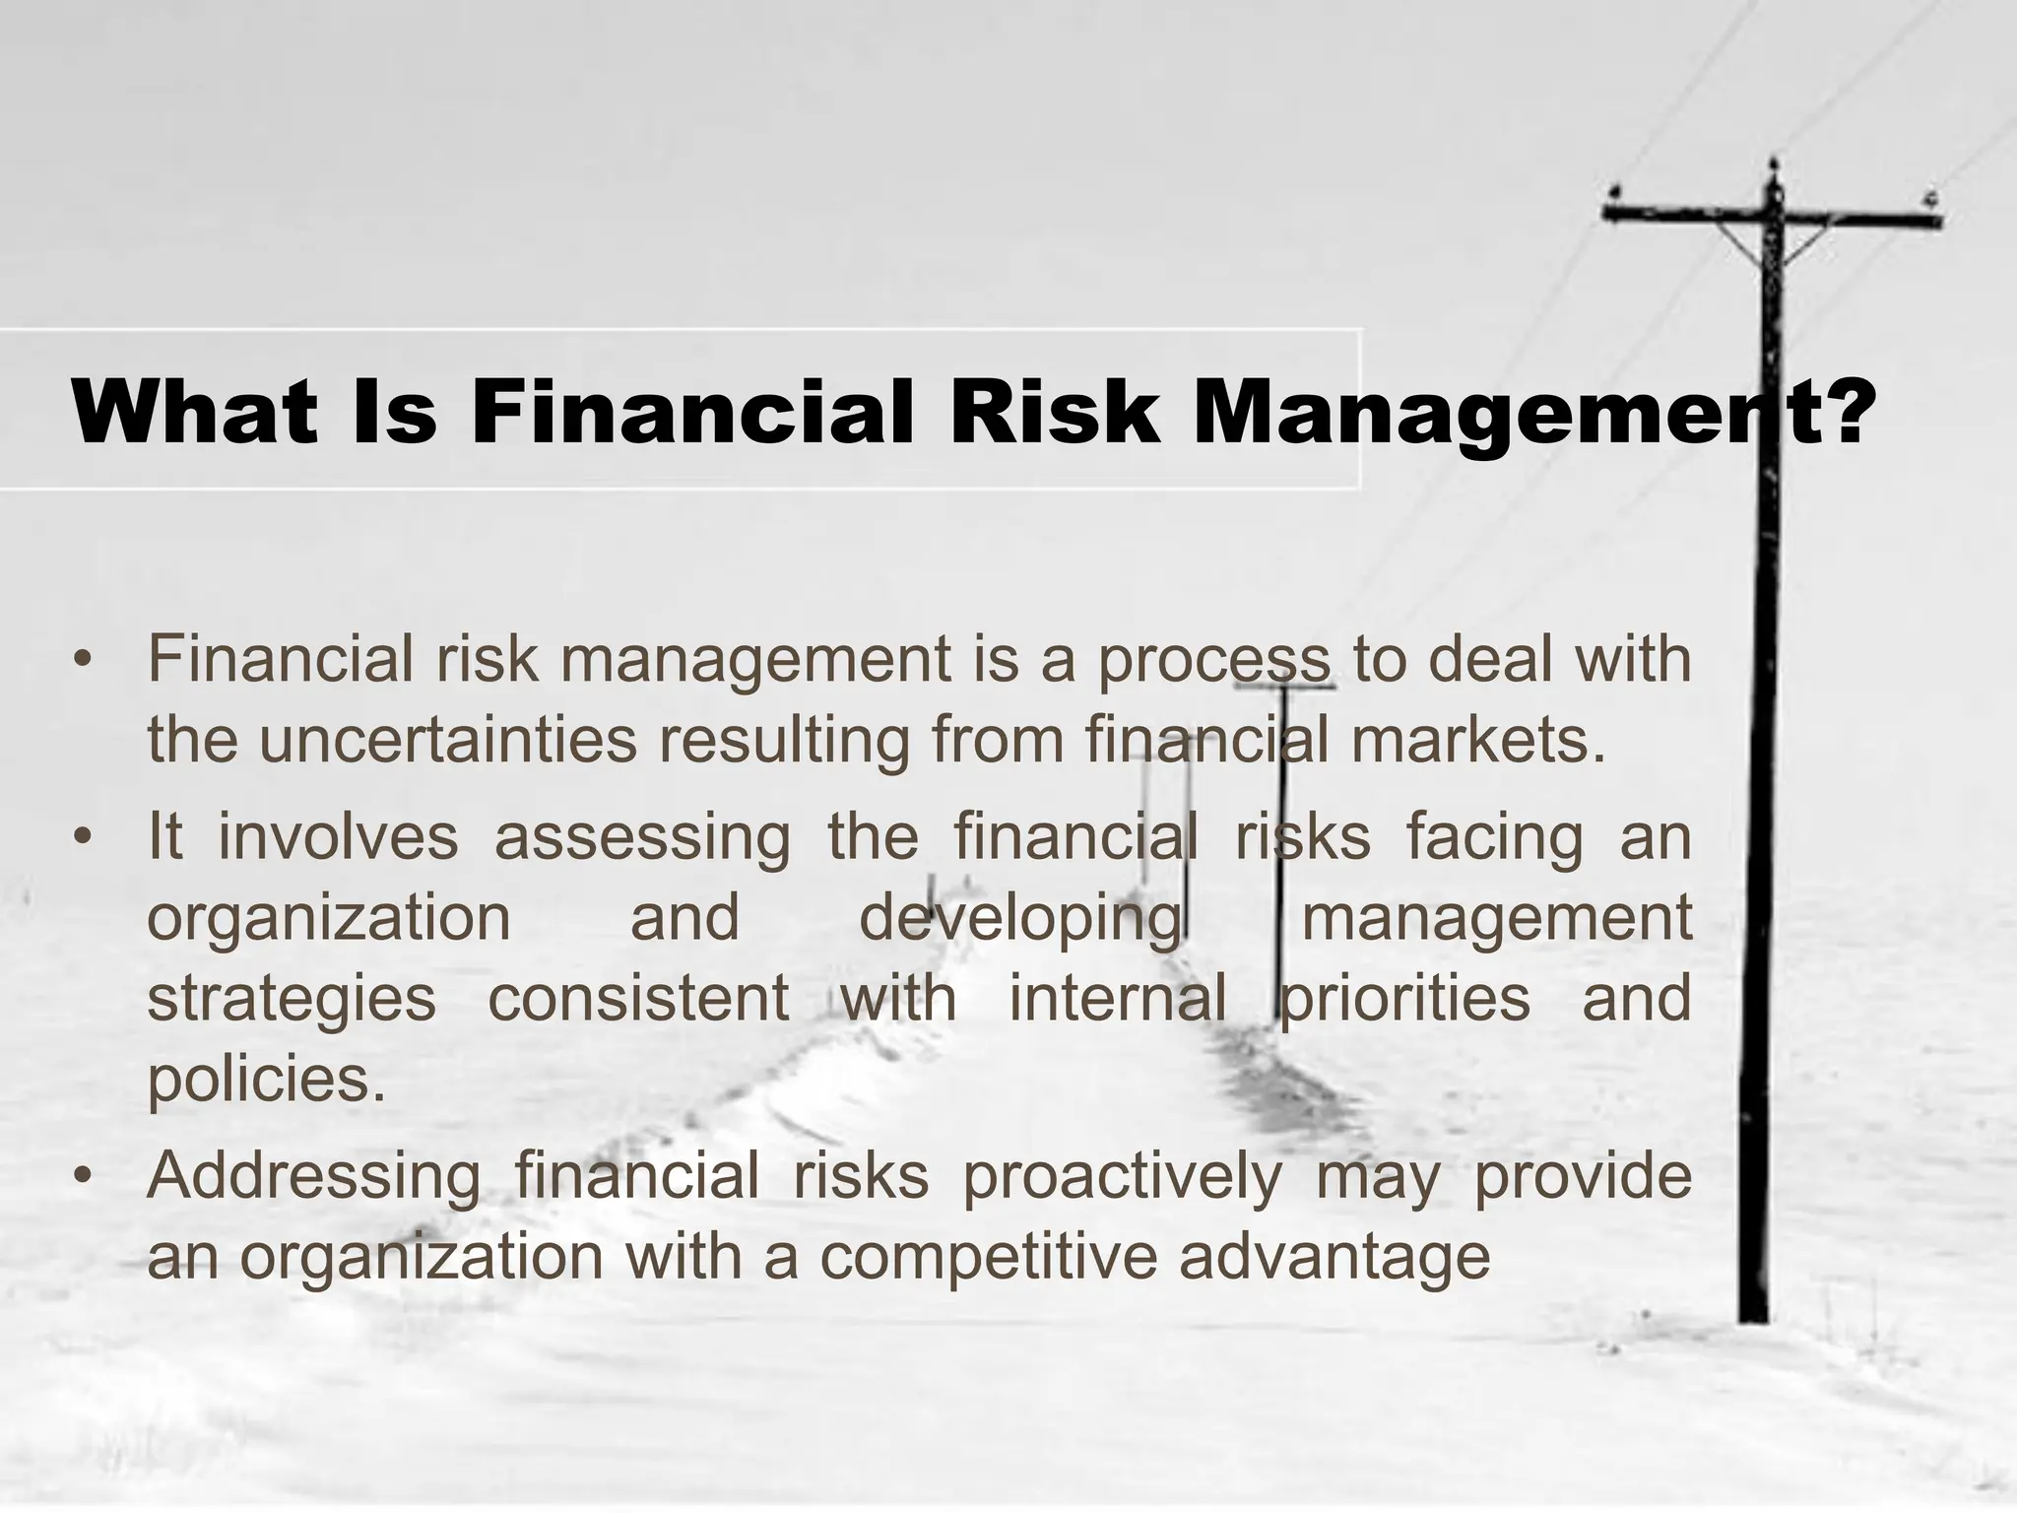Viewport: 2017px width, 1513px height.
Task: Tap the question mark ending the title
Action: click(x=1838, y=411)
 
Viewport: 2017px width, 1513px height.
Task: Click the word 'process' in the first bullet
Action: click(x=1214, y=662)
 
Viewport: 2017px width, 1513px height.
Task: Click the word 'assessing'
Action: click(x=642, y=837)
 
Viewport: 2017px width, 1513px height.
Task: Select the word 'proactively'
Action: click(x=1122, y=1178)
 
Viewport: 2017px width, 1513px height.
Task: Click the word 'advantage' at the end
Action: click(x=1334, y=1259)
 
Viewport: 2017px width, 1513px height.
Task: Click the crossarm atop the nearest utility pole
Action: click(x=1772, y=214)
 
